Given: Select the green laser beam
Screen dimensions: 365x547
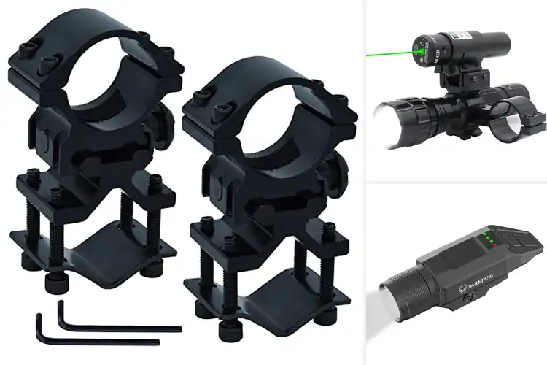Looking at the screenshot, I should pyautogui.click(x=390, y=52).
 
